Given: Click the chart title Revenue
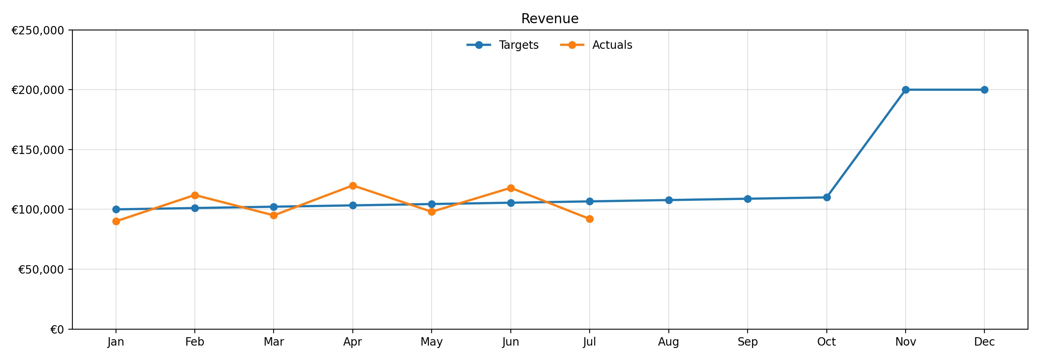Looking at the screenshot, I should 550,19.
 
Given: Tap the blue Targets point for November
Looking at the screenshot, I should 906,90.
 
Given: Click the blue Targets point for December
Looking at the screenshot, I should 984,90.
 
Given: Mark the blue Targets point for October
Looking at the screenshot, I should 826,197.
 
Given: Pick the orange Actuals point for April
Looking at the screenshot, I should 353,186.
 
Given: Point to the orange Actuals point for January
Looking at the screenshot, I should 116,221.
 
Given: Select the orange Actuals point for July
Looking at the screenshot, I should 590,219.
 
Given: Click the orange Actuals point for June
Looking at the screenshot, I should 511,188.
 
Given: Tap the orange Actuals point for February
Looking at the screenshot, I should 194,195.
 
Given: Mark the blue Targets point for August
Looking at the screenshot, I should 668,200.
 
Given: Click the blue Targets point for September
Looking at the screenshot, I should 747,199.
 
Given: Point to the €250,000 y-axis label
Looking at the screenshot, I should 38,31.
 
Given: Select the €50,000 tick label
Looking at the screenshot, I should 41,270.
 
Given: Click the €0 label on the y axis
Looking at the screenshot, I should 57,330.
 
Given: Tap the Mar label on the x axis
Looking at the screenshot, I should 274,342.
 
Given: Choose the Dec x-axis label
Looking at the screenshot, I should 984,342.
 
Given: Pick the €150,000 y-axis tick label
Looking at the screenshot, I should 38,150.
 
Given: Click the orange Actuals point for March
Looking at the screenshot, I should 274,215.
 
